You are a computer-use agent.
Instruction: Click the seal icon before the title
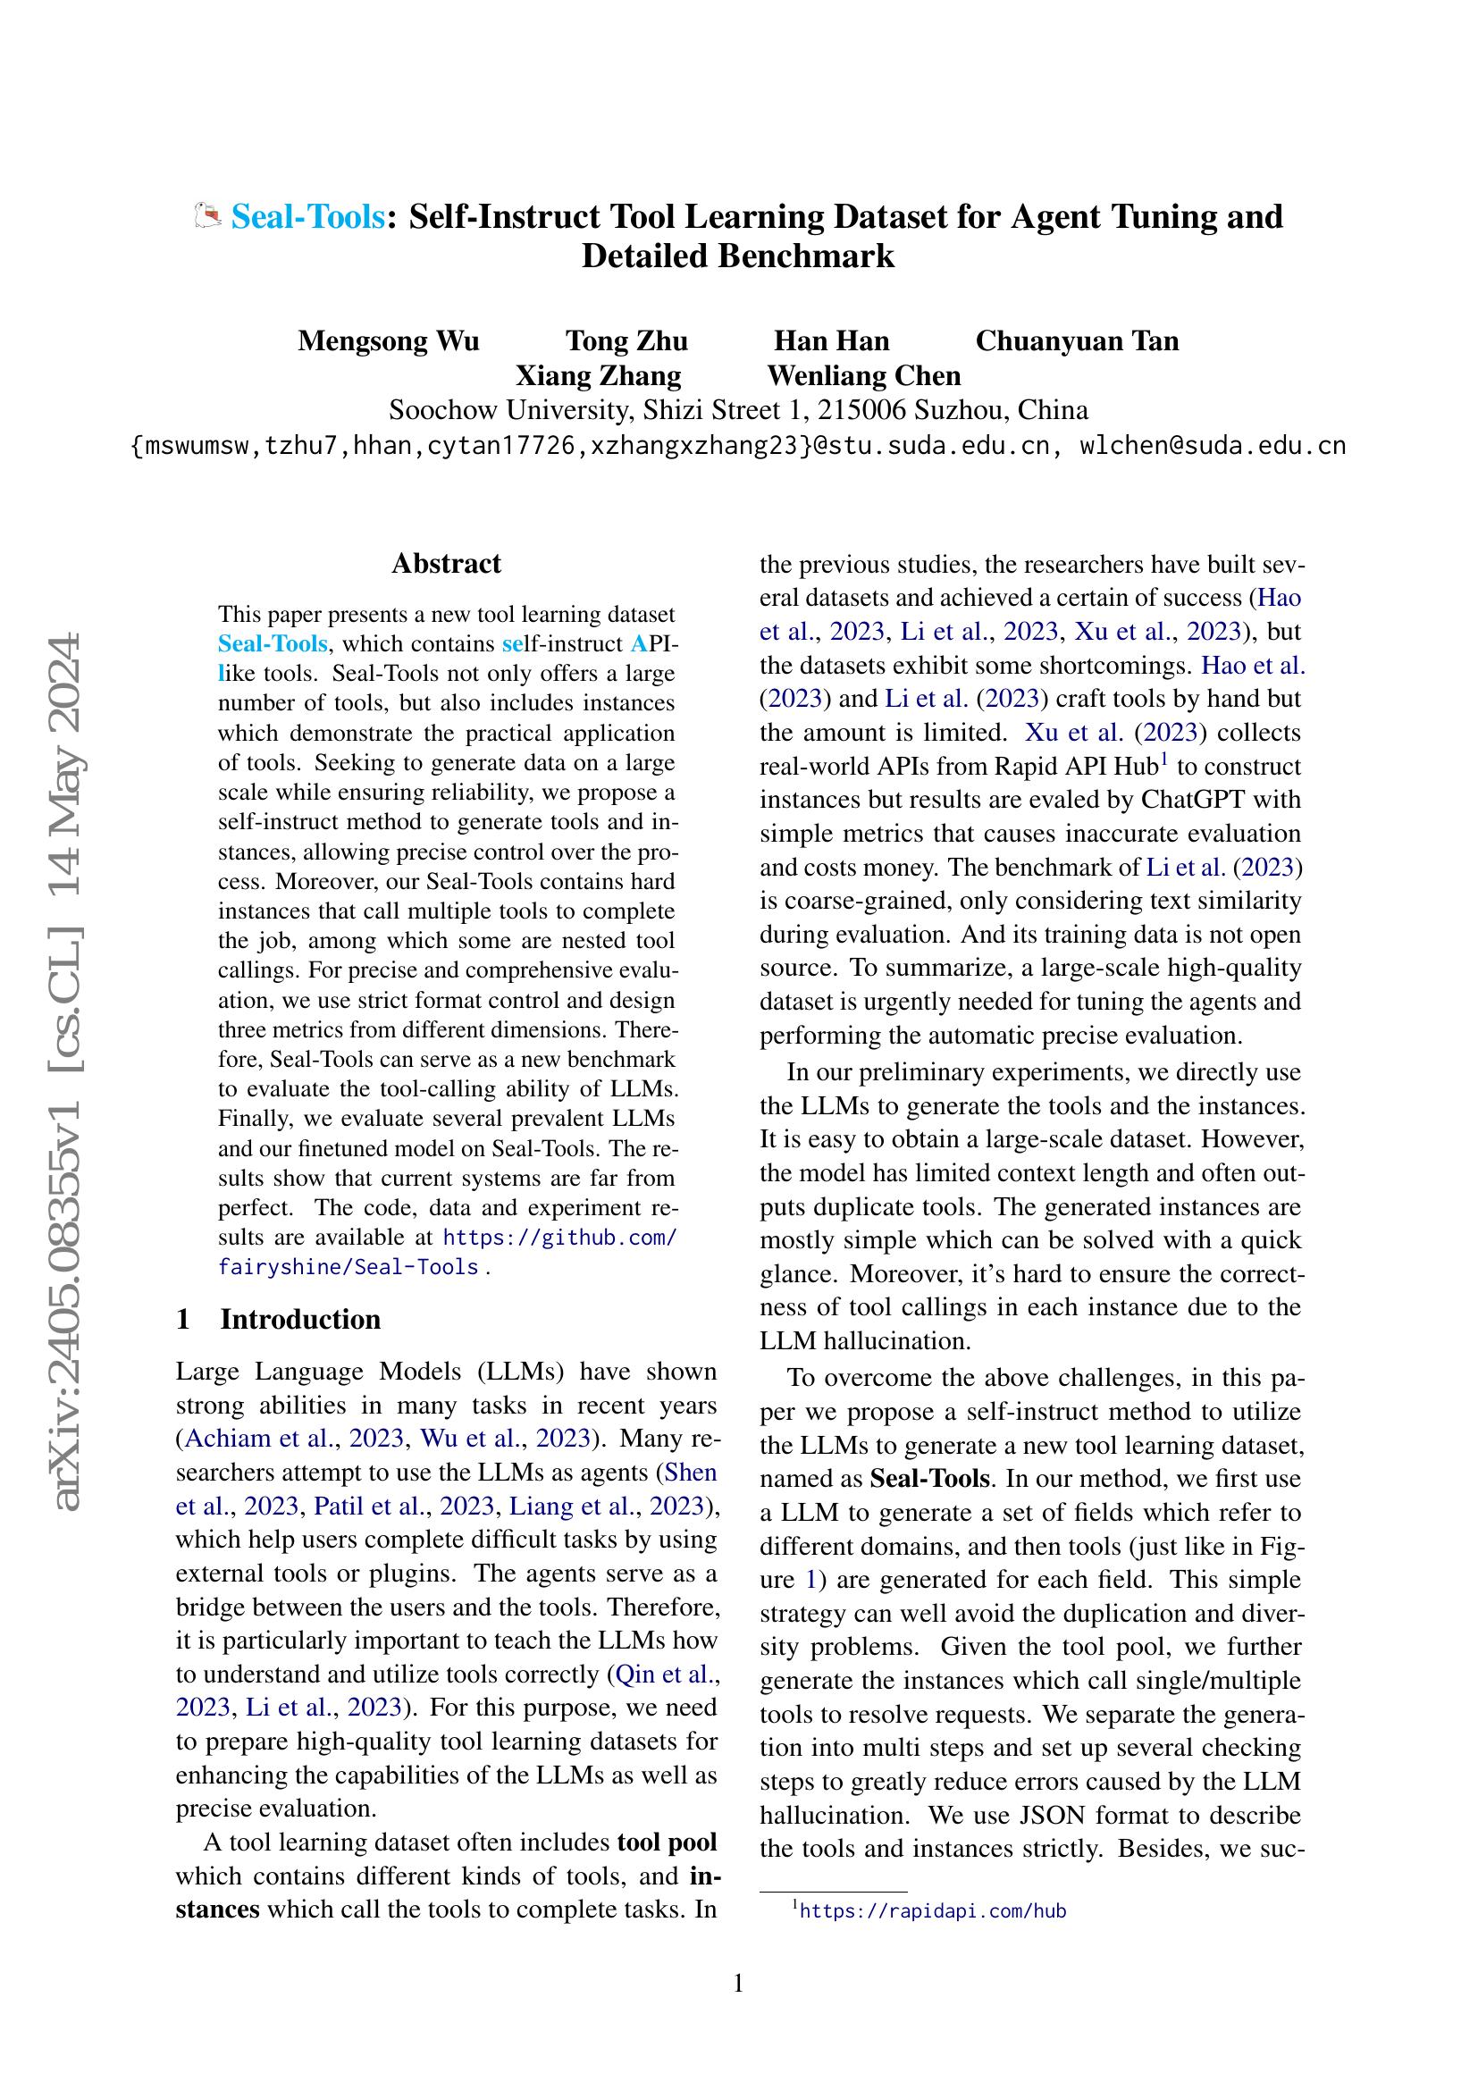point(209,217)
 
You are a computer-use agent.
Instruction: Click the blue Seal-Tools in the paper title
point(307,216)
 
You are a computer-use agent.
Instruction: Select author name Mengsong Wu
point(389,341)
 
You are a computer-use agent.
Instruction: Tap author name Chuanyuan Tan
point(1077,341)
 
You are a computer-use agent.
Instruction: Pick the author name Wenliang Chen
point(864,376)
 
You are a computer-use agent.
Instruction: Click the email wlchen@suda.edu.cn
point(1213,446)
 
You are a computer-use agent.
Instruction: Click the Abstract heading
point(446,564)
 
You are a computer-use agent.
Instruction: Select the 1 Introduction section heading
point(279,1319)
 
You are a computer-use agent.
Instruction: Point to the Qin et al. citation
point(662,1674)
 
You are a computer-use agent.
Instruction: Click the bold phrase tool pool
point(668,1842)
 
